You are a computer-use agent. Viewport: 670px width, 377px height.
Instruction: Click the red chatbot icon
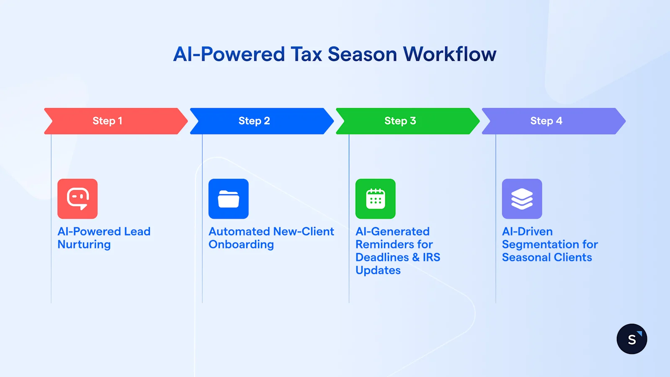pyautogui.click(x=77, y=199)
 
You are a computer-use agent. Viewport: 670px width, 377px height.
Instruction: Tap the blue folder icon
pyautogui.click(x=229, y=199)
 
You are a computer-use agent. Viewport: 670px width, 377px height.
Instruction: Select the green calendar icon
pyautogui.click(x=376, y=199)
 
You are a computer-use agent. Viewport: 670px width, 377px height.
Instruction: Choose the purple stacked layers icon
pyautogui.click(x=522, y=199)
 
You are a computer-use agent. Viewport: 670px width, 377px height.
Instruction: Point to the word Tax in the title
pyautogui.click(x=306, y=54)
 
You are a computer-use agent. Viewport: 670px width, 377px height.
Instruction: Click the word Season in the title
pyautogui.click(x=362, y=54)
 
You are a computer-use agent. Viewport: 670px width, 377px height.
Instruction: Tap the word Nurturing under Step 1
pyautogui.click(x=84, y=245)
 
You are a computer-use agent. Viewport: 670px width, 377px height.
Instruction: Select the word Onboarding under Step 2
pyautogui.click(x=241, y=245)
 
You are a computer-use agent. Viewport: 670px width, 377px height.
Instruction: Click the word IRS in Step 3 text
pyautogui.click(x=431, y=257)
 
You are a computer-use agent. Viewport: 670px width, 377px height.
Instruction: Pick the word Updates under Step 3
pyautogui.click(x=378, y=271)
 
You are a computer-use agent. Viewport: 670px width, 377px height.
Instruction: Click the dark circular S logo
pyautogui.click(x=632, y=339)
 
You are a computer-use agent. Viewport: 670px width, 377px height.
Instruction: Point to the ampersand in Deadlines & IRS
pyautogui.click(x=416, y=257)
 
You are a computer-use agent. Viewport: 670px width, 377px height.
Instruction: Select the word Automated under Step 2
pyautogui.click(x=240, y=232)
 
